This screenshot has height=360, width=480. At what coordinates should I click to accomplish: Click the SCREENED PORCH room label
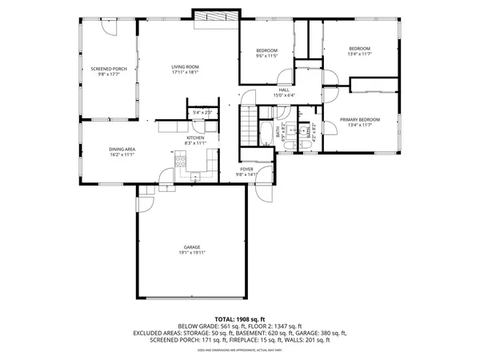108,69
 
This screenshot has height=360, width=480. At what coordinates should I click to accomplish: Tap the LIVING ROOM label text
185,66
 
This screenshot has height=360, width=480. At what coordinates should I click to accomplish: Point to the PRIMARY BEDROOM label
358,119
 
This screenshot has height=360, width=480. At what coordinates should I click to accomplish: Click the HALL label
283,90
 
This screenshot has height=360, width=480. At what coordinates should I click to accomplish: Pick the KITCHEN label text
196,138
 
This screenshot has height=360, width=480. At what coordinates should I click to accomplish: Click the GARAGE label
191,247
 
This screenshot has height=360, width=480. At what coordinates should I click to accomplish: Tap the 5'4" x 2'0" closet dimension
202,113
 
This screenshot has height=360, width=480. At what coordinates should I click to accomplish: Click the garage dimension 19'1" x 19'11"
191,253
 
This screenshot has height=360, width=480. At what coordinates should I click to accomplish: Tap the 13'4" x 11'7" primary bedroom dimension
358,125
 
